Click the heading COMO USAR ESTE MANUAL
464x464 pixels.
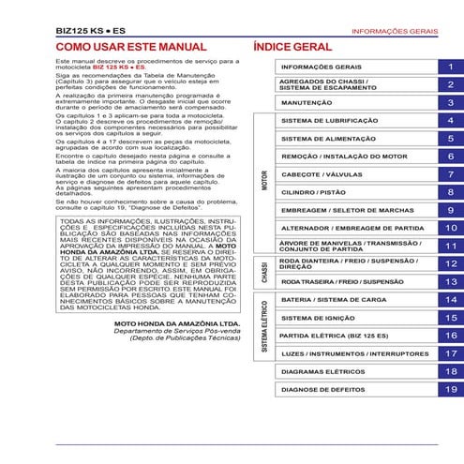click(x=130, y=46)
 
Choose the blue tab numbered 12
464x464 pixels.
click(x=451, y=264)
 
